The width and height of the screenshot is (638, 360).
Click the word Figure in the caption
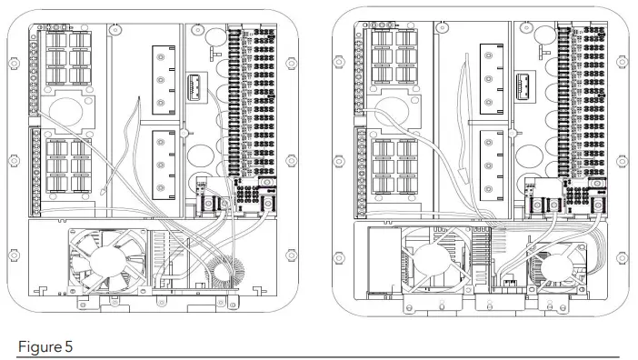point(39,347)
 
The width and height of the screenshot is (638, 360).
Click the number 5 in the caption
point(68,347)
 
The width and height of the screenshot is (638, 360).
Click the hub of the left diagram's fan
point(106,260)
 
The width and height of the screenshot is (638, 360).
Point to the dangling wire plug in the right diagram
point(462,175)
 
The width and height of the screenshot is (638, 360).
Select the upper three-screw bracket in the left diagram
point(164,80)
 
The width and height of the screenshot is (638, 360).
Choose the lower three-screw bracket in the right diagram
point(491,165)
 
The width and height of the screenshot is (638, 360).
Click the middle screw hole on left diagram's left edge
point(14,161)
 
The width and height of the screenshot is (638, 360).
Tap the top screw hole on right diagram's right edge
point(622,62)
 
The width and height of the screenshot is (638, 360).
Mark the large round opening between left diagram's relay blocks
point(65,112)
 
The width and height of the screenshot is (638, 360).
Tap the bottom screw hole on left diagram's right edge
point(291,255)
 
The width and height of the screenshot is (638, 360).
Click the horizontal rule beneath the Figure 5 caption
point(318,357)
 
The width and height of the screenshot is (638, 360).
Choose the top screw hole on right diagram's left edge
point(338,62)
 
